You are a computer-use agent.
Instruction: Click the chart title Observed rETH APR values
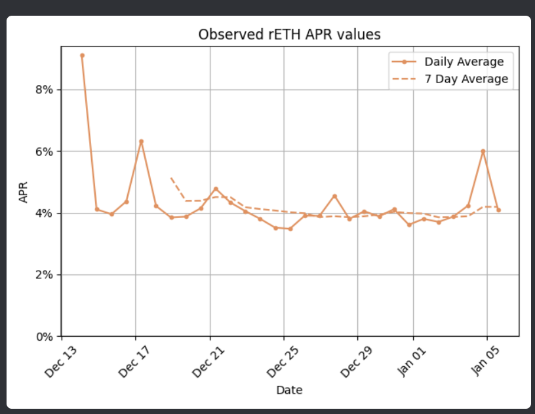[x=289, y=35]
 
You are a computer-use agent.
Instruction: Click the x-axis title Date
[x=289, y=390]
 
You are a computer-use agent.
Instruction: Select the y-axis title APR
[x=24, y=193]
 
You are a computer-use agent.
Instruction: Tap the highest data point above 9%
[x=82, y=56]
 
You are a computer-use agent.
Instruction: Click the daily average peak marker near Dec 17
[x=141, y=141]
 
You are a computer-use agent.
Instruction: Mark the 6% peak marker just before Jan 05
[x=483, y=151]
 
